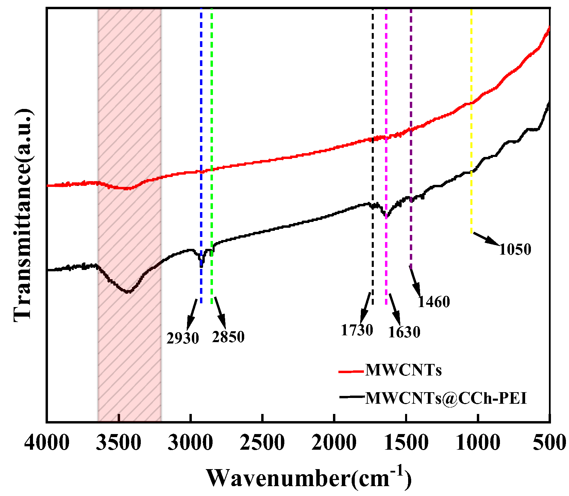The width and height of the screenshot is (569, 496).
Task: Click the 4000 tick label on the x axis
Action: [47, 443]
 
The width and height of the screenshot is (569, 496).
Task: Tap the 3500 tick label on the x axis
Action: [119, 443]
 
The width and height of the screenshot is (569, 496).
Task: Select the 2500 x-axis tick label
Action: [262, 443]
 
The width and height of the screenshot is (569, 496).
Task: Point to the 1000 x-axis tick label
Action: [478, 443]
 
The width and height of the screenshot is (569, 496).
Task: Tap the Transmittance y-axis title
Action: [24, 215]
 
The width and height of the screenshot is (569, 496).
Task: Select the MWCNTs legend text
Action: [403, 370]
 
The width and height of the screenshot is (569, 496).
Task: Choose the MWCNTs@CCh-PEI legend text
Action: [446, 398]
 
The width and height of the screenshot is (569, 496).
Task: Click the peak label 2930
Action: [183, 338]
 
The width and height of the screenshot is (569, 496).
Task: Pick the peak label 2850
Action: [228, 337]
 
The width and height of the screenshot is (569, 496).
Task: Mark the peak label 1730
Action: [357, 330]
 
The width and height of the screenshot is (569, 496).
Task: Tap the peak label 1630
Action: [404, 332]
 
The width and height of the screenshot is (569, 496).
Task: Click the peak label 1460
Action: [434, 302]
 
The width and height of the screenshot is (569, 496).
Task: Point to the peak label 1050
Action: [515, 249]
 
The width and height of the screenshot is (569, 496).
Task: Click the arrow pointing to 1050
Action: [486, 238]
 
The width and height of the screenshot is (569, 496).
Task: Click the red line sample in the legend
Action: [351, 371]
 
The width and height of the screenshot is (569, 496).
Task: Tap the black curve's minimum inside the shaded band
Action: [128, 292]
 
